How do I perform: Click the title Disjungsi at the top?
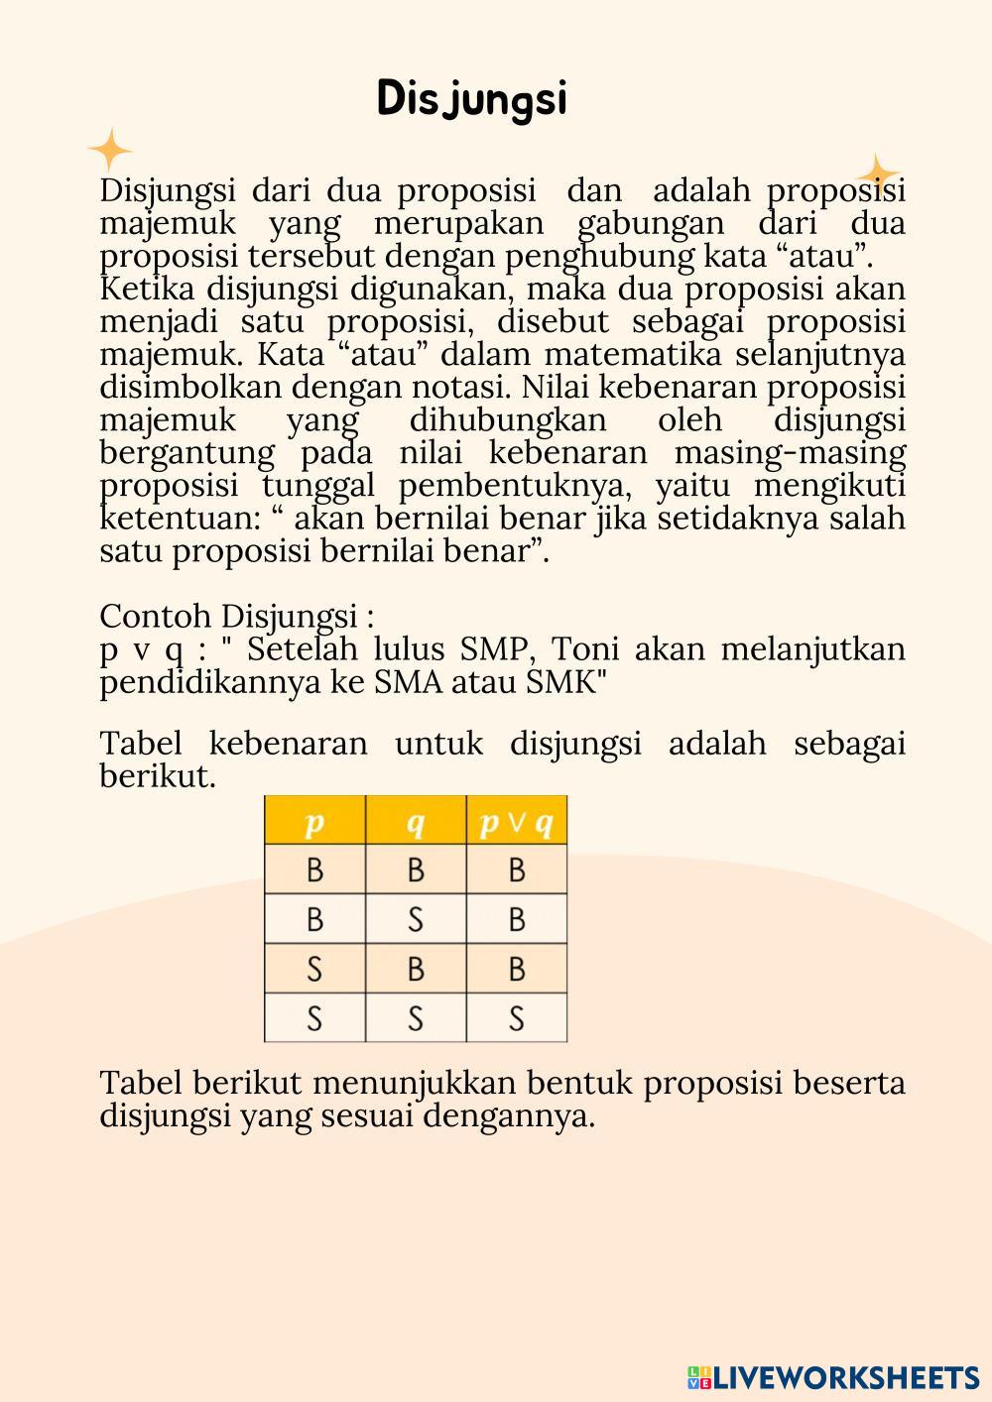472,100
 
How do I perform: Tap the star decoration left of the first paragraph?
110,151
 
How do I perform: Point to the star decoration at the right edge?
878,173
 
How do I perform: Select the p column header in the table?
314,821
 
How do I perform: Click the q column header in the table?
416,821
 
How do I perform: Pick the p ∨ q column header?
516,821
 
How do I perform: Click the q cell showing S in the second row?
416,919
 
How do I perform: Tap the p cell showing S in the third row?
314,969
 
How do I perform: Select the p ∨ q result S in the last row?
516,1018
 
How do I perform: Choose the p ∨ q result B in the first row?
516,870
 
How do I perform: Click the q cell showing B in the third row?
416,969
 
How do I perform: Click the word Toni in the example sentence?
585,649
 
